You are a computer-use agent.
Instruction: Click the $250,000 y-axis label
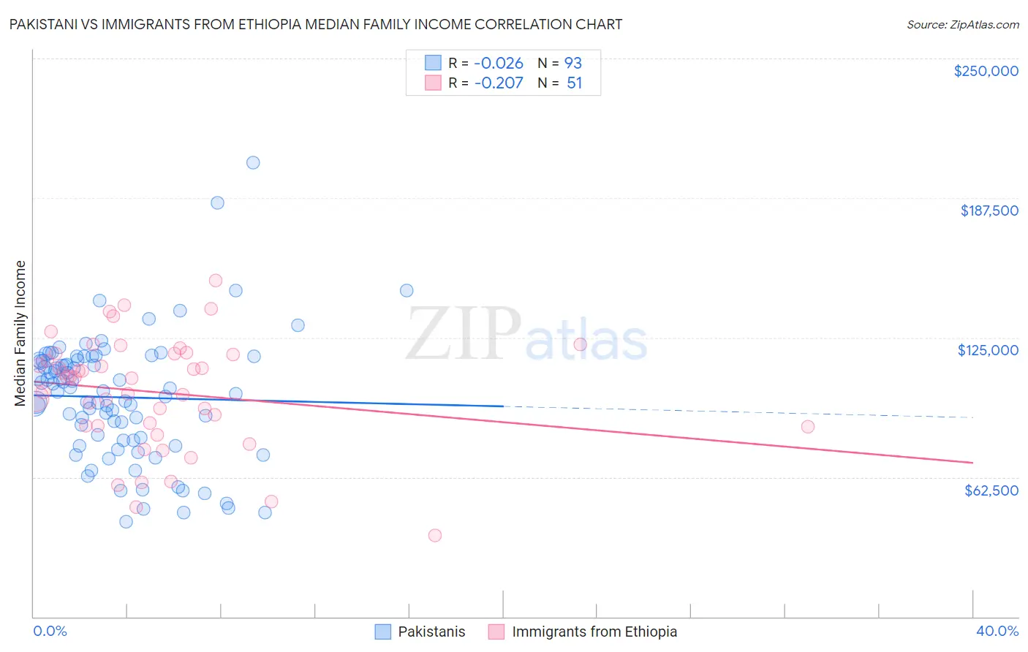coord(986,71)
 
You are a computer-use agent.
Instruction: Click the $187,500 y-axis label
coord(989,211)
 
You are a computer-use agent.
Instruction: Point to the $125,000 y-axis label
coord(988,350)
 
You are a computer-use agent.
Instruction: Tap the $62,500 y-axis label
coord(991,490)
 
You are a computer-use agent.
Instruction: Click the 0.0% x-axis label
coord(50,631)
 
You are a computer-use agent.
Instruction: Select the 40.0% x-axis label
coord(997,631)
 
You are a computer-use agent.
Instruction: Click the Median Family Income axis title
coord(20,333)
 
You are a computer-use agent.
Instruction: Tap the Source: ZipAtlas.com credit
coord(962,24)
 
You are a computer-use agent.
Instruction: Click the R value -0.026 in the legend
coord(499,63)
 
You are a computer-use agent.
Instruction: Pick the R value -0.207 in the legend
coord(499,83)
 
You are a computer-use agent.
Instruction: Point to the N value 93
coord(573,63)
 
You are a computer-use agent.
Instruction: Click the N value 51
coord(575,83)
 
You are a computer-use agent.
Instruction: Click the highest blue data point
coord(253,162)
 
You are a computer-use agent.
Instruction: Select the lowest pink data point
coord(435,535)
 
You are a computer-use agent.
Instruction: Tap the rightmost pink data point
coord(808,427)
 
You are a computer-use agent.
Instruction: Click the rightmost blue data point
coord(407,290)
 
